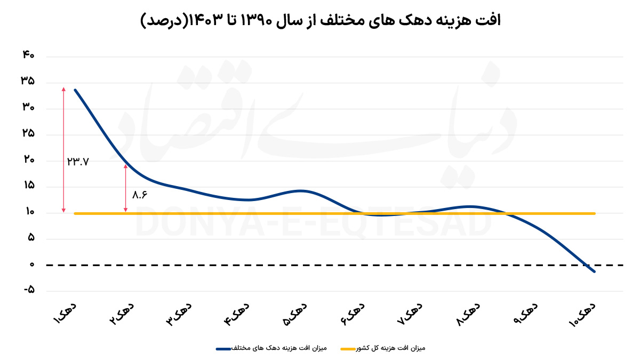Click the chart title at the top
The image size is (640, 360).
pos(320,21)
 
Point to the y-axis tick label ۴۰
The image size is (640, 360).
pos(28,55)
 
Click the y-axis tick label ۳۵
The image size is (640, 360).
pos(28,81)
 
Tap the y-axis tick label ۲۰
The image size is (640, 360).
pos(28,159)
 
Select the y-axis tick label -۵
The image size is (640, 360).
pos(28,290)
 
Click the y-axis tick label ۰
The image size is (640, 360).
pos(31,264)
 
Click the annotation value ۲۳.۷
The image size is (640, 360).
pos(78,161)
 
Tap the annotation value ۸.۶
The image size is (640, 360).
pos(139,195)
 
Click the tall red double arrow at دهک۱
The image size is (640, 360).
pos(63,149)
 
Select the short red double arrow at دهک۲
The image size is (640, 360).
pos(126,188)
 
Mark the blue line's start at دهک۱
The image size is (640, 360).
pos(75,90)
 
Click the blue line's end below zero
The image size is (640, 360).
pos(594,271)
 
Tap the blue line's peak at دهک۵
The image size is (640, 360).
pos(301,190)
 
